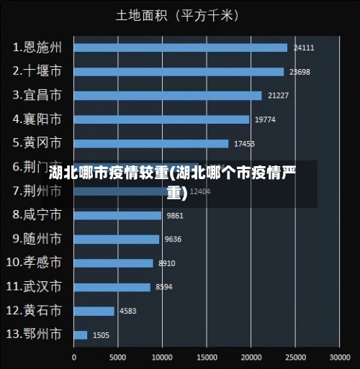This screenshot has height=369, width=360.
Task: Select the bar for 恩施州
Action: (x=180, y=47)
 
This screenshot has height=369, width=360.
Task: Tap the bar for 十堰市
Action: (x=179, y=71)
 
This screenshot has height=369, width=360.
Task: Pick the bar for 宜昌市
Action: (x=168, y=96)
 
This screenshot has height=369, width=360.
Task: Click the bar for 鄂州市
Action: (x=81, y=334)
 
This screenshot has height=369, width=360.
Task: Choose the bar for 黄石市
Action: (x=94, y=311)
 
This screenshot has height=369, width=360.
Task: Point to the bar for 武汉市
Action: (x=112, y=287)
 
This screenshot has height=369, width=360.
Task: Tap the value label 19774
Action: (x=265, y=119)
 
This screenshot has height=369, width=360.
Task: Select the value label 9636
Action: (x=174, y=240)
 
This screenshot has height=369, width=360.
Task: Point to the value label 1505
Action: (x=101, y=335)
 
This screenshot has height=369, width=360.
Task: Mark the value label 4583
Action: (x=128, y=311)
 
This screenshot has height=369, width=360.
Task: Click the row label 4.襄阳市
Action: (x=37, y=119)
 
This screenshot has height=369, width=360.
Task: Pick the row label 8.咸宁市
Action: (x=37, y=214)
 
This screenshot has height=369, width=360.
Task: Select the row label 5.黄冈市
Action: (x=37, y=142)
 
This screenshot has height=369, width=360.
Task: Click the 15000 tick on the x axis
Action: (x=207, y=356)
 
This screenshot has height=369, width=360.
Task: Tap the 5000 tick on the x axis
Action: (x=118, y=356)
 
